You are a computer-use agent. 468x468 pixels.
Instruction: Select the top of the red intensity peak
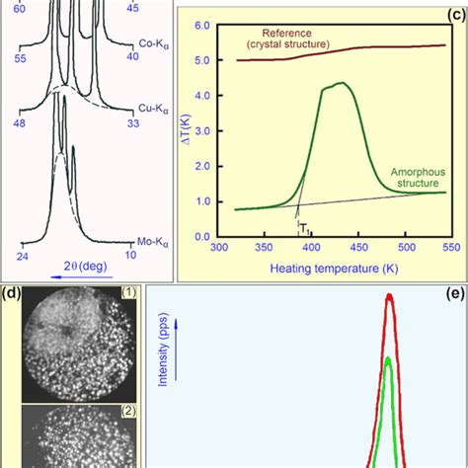point(391,295)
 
